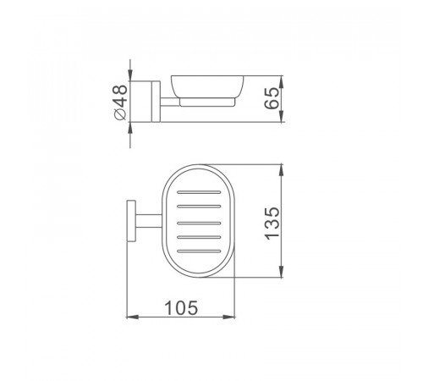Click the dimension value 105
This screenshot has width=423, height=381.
[181, 307]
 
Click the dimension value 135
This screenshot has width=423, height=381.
[272, 224]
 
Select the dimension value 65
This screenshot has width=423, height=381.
[272, 98]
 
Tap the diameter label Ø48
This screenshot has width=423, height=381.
[120, 102]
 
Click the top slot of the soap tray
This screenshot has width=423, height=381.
[199, 192]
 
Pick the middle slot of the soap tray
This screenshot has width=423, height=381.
[199, 224]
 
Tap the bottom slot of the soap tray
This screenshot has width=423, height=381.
[199, 251]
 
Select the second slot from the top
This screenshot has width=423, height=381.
[199, 207]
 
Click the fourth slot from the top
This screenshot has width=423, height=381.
[199, 237]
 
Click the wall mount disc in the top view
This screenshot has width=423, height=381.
[131, 221]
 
